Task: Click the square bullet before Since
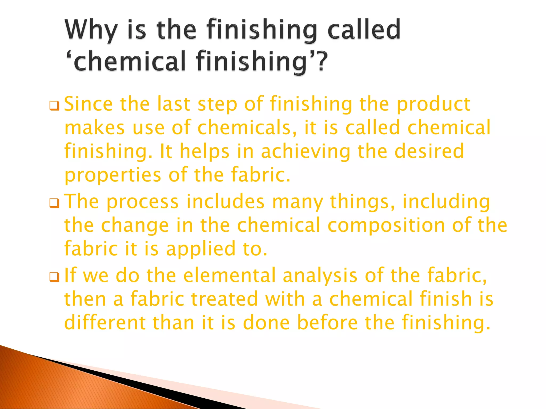(54, 106)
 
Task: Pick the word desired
(429, 151)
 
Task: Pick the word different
(105, 322)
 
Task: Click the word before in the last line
(327, 322)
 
